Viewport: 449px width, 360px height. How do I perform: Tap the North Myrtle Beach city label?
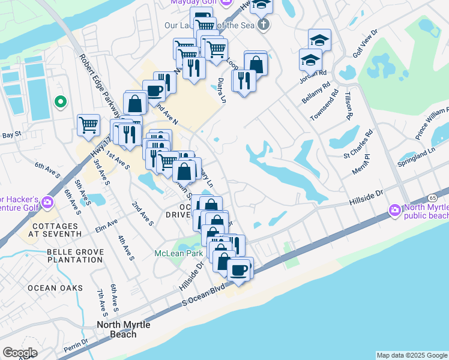[x=124, y=329]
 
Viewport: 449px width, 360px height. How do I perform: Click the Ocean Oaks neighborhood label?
[x=55, y=288]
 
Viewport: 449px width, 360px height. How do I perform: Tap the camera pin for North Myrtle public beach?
[x=395, y=210]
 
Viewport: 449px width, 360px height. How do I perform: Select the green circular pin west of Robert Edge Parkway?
[x=59, y=103]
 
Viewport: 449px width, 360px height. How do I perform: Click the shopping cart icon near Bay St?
[x=88, y=125]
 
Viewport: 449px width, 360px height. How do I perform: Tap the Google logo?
[x=20, y=353]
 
